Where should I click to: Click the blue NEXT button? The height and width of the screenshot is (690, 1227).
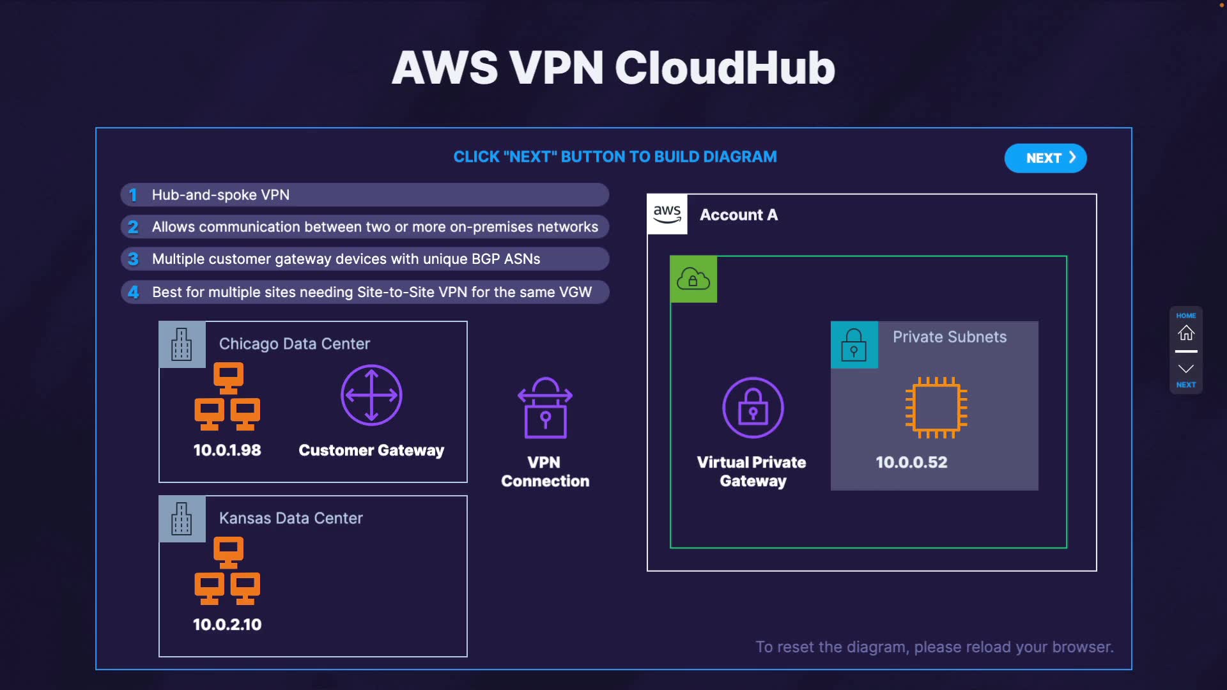[1046, 158]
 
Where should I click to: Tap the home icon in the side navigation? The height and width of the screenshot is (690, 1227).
[1186, 333]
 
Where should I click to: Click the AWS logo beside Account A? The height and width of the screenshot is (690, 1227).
[667, 214]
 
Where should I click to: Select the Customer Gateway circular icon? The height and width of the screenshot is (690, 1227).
[371, 395]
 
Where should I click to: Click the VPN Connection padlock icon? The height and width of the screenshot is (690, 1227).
[545, 408]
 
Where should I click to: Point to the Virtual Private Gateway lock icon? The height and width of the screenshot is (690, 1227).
[753, 408]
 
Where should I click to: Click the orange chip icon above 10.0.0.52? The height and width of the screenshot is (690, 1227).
[936, 408]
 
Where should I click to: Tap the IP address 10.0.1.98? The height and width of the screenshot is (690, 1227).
[228, 450]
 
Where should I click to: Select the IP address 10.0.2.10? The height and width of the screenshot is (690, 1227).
[228, 625]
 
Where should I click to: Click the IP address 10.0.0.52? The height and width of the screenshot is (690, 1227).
[911, 463]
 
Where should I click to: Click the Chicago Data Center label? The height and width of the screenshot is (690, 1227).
[295, 344]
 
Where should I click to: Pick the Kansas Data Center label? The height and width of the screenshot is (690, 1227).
[291, 518]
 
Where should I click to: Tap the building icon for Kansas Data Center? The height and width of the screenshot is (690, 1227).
[182, 519]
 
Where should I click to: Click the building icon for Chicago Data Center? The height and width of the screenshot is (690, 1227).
[182, 344]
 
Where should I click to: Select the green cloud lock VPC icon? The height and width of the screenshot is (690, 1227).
[693, 279]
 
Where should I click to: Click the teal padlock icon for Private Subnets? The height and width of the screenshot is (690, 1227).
[854, 344]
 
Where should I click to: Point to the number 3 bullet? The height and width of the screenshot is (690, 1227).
[133, 259]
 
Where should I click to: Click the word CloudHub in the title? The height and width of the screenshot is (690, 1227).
[725, 68]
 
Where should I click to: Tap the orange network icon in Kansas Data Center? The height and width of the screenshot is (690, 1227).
[228, 571]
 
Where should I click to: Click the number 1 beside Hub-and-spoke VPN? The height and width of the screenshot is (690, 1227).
[133, 195]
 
